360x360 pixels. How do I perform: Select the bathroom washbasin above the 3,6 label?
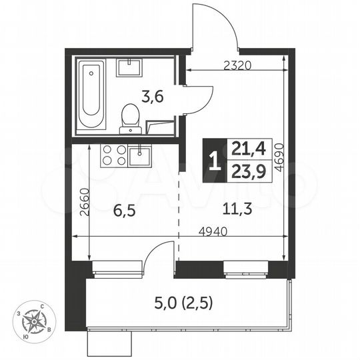pyautogui.click(x=130, y=67)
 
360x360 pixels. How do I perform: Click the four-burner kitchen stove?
pyautogui.click(x=112, y=155)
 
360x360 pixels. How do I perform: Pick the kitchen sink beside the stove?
pyautogui.click(x=141, y=155)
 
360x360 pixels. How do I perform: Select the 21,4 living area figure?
pyautogui.click(x=244, y=148)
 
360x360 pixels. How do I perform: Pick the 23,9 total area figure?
pyautogui.click(x=244, y=170)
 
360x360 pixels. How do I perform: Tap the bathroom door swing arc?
pyautogui.click(x=197, y=100)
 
